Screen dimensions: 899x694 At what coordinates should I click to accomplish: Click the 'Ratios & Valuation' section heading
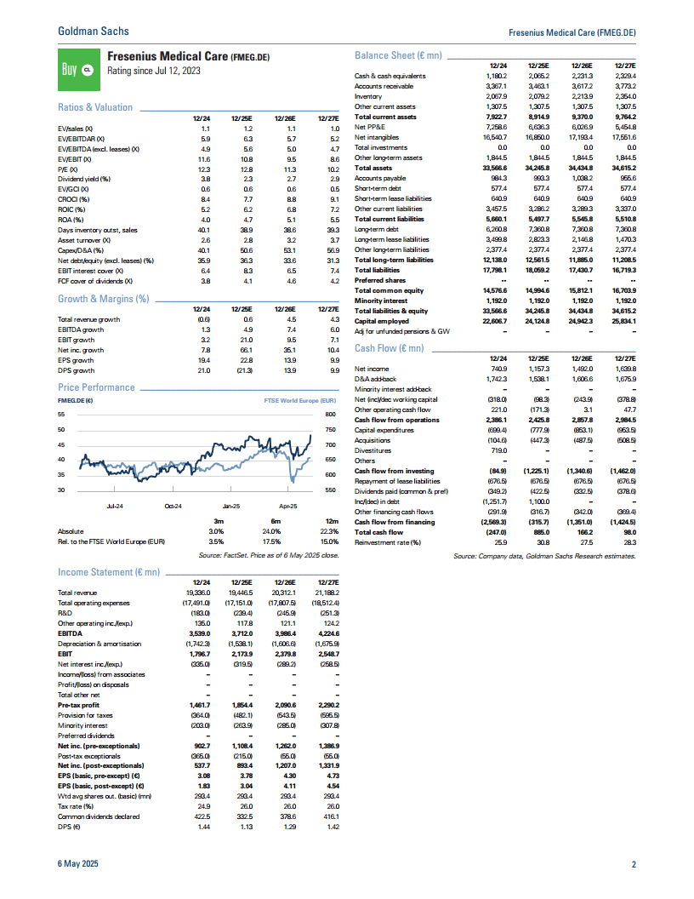pyautogui.click(x=95, y=107)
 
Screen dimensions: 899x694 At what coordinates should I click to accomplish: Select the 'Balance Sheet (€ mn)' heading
pyautogui.click(x=398, y=55)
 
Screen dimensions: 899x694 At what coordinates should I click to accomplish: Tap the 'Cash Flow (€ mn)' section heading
pyautogui.click(x=389, y=348)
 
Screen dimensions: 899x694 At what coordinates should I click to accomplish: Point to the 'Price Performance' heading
pyautogui.click(x=96, y=387)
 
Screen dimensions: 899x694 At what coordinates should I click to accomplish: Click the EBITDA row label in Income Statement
pyautogui.click(x=70, y=634)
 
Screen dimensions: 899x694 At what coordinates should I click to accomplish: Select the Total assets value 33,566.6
pyautogui.click(x=493, y=169)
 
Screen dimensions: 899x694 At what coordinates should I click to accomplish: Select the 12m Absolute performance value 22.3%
pyautogui.click(x=329, y=531)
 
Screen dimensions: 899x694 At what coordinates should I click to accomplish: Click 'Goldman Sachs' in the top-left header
pyautogui.click(x=94, y=31)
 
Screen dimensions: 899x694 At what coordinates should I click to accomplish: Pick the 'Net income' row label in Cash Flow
pyautogui.click(x=372, y=369)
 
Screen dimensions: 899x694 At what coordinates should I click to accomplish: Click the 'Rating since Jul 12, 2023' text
pyautogui.click(x=154, y=72)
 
